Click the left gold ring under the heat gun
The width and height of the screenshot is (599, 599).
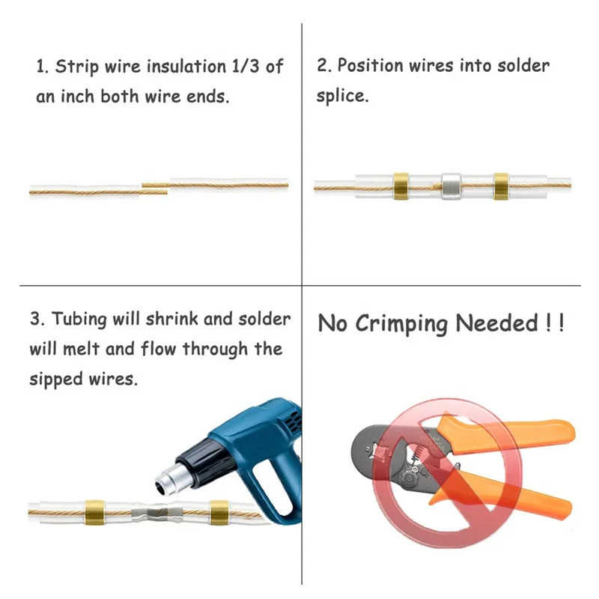(95, 512)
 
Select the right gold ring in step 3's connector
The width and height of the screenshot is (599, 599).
(219, 513)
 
